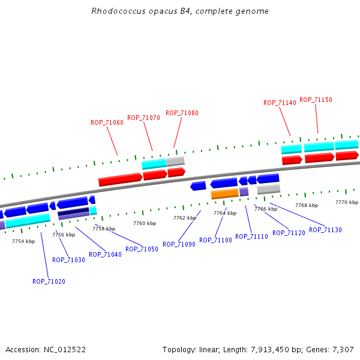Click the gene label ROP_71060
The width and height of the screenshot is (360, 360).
coord(107,122)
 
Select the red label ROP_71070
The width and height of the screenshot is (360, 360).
coord(143,118)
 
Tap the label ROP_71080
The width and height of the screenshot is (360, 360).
coord(182,113)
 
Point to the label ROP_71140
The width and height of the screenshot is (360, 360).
coord(280,103)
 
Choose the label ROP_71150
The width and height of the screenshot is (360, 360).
coord(316,100)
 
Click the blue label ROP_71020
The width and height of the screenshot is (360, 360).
coord(49,281)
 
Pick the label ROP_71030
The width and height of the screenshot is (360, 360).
coord(68,260)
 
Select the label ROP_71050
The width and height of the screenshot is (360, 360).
coord(142,249)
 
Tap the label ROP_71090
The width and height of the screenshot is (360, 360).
coord(179,244)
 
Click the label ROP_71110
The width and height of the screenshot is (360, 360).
coord(251,236)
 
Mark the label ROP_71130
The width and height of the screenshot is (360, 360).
coord(325,230)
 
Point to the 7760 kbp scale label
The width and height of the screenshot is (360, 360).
coord(145,223)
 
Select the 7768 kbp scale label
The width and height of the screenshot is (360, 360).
coord(306,205)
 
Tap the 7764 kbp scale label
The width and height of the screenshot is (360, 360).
coord(225,213)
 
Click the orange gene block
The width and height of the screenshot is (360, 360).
coord(225,194)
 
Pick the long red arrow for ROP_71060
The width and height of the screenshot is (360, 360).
coord(120,179)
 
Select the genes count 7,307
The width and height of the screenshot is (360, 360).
coord(342,349)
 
